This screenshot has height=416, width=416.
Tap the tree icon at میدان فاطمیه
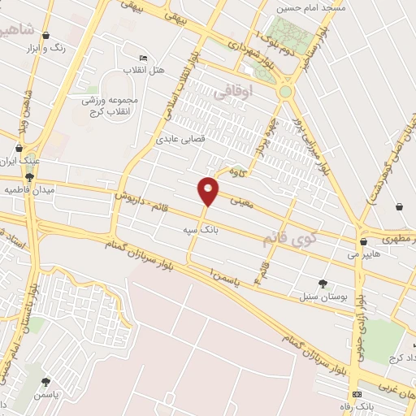(x=29, y=177)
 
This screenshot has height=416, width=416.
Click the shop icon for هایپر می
(x=362, y=240)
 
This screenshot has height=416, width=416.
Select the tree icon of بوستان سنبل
(x=323, y=284)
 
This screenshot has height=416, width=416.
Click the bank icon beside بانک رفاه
(x=357, y=393)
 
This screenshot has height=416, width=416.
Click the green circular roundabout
(x=285, y=92)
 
